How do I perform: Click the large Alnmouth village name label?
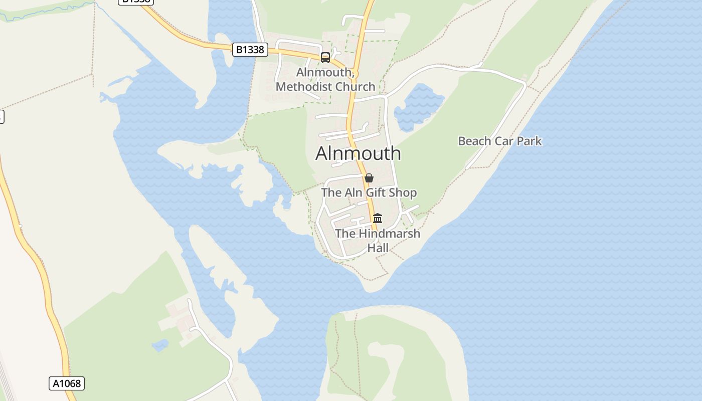pos(358,153)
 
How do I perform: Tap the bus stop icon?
pos(325,57)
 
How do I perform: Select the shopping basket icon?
pos(369,178)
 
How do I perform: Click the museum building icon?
pos(378,218)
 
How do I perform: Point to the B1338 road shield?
pos(250,50)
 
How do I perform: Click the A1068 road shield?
pos(67,383)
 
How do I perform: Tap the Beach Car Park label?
pos(500,141)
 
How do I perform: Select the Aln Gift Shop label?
pos(369,192)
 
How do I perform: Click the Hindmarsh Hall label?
pos(378,240)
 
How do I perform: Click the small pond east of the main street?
pos(418,106)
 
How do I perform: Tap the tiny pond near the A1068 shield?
pos(160,345)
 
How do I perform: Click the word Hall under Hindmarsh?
pos(378,248)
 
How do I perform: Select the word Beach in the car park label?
pos(474,141)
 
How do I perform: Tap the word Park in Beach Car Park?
pos(529,141)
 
